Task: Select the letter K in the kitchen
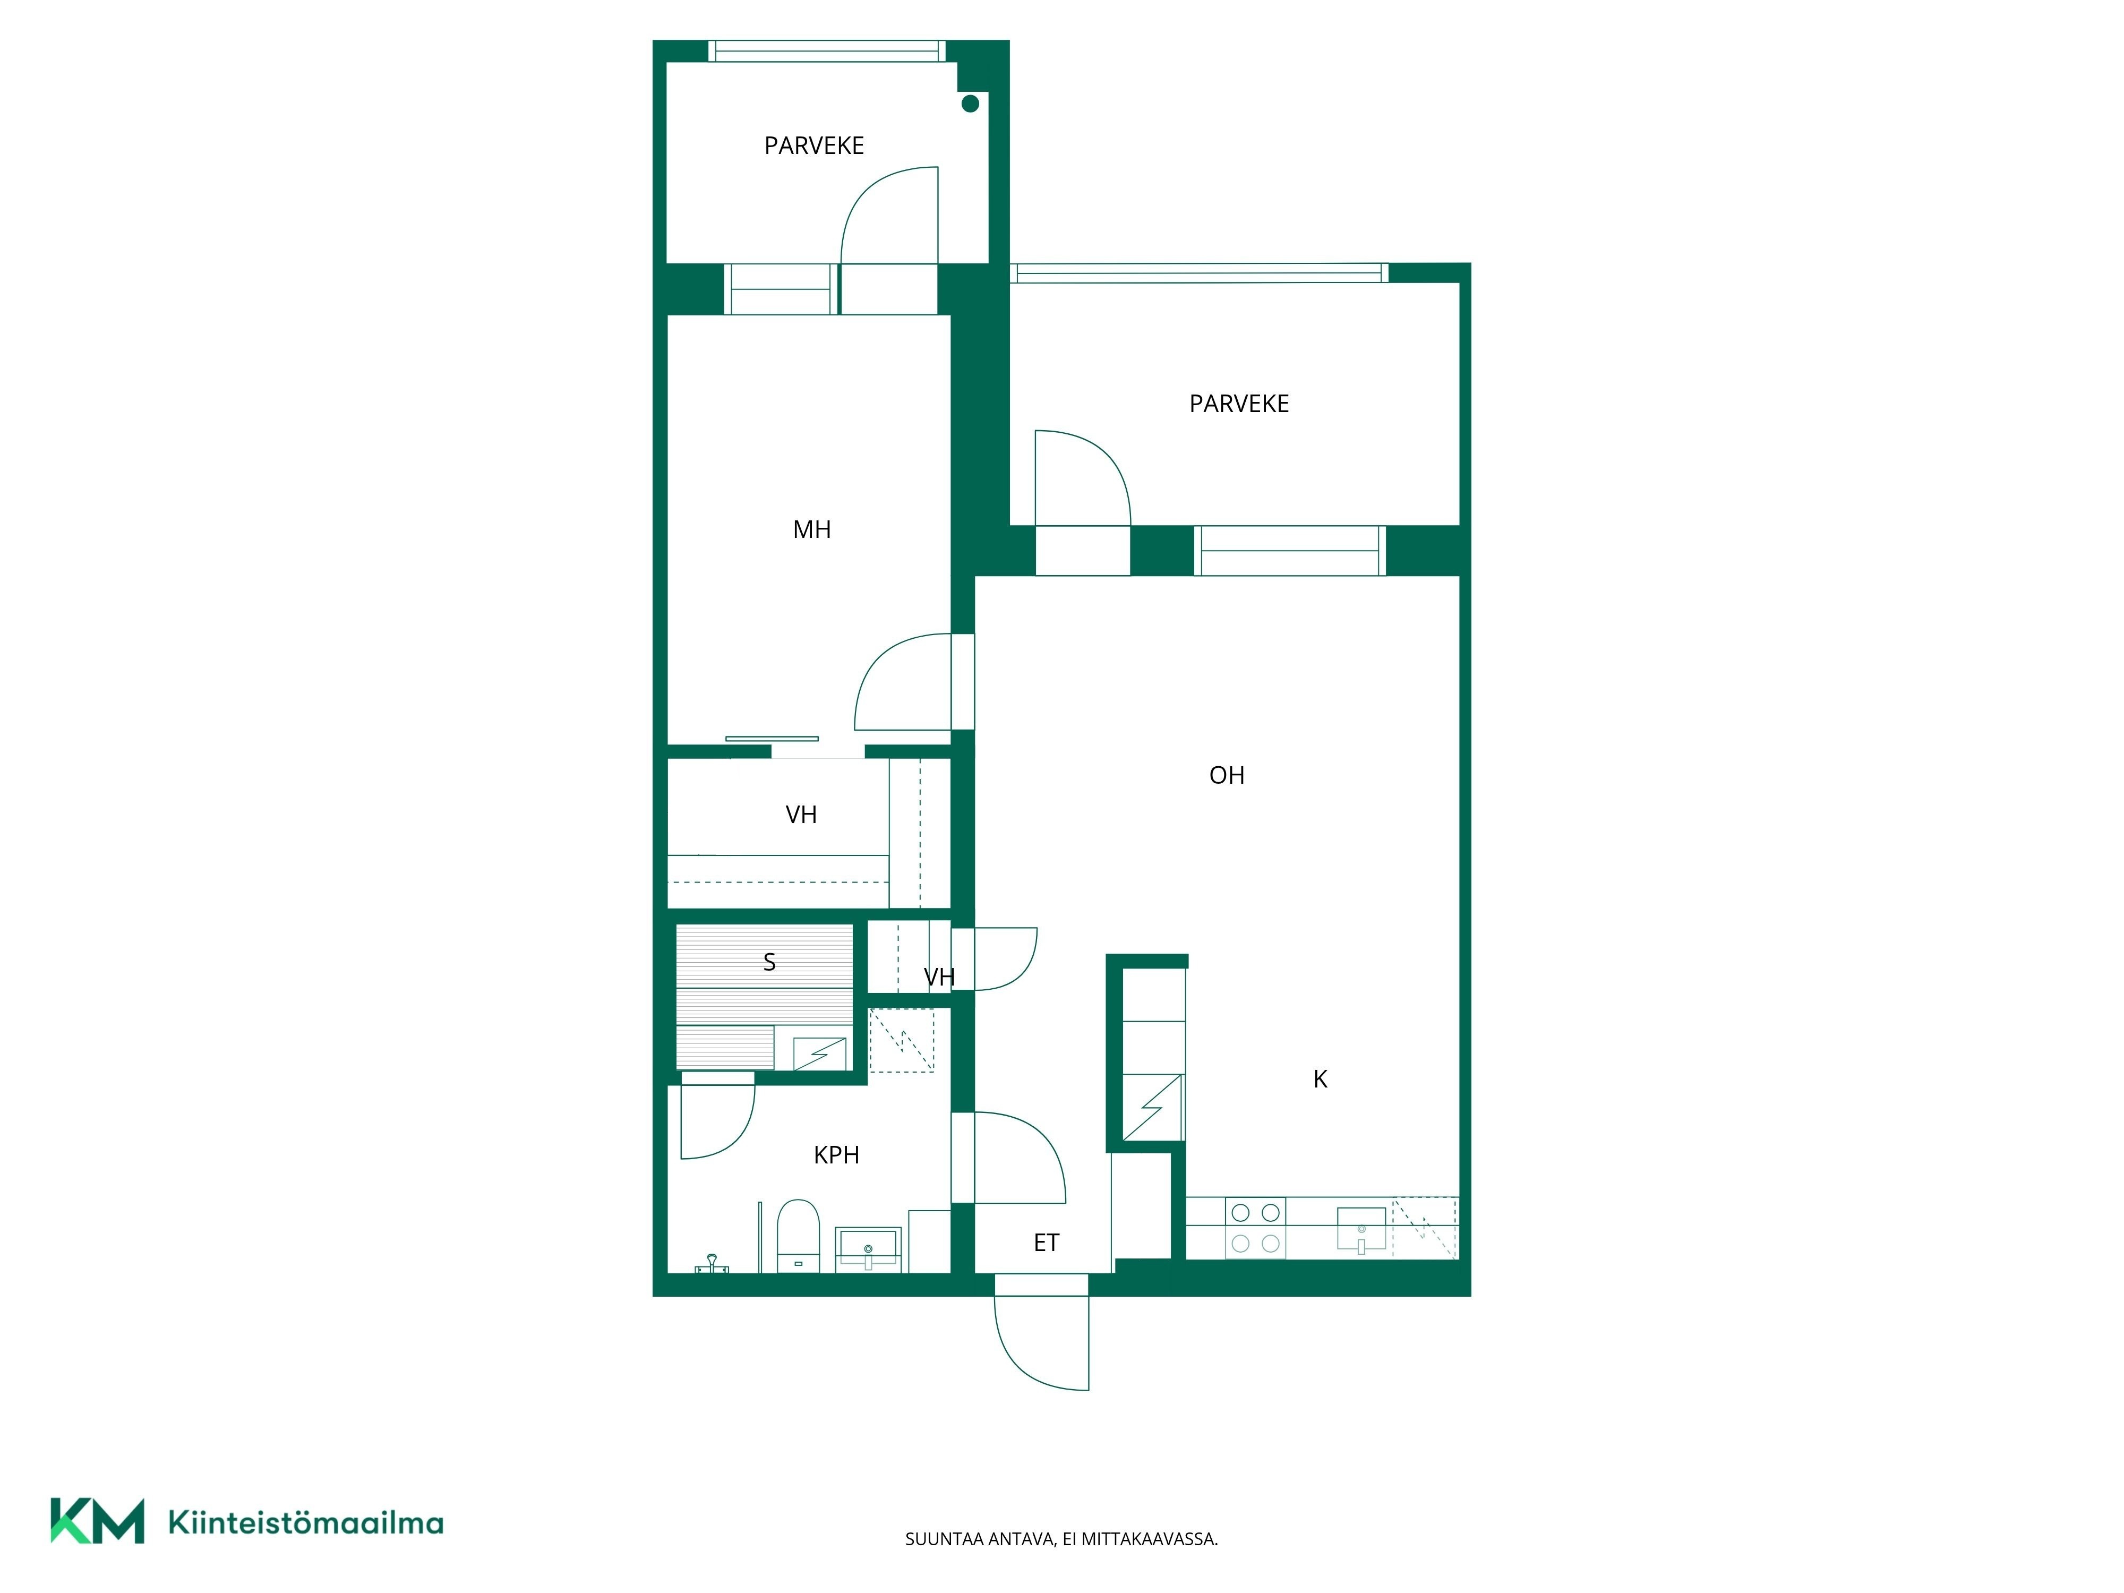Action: pos(1320,1080)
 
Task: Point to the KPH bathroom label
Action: pos(836,1155)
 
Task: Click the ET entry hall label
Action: pos(1046,1243)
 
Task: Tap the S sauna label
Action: pos(769,962)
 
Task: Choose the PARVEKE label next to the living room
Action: pos(1239,403)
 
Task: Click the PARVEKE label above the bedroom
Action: pos(814,145)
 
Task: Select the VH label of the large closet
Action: pos(801,814)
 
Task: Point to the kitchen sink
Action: pos(1361,1230)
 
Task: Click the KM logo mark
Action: pos(97,1521)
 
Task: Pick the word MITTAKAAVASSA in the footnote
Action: pos(1150,1539)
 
